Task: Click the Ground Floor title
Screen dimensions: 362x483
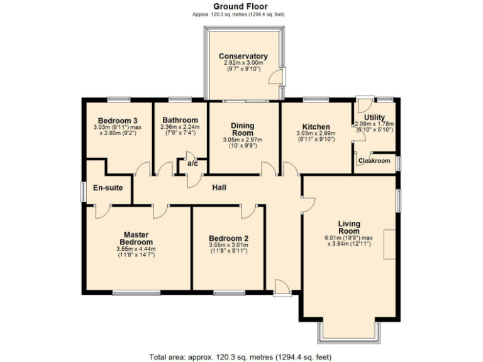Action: (x=241, y=6)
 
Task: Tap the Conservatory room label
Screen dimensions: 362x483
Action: (x=243, y=56)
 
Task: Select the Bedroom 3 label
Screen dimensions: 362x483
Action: (x=118, y=120)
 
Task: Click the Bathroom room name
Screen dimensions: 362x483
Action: (x=180, y=120)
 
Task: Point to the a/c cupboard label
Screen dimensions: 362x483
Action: (x=192, y=164)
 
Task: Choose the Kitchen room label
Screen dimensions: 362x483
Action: (x=316, y=126)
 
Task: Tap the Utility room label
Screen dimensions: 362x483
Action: (x=374, y=118)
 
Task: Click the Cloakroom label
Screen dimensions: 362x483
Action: (x=374, y=161)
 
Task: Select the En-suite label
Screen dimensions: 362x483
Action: (x=108, y=187)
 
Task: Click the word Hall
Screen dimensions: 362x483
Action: (x=219, y=187)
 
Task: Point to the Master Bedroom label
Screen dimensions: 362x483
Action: (x=136, y=238)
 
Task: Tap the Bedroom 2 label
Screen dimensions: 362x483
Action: (x=228, y=238)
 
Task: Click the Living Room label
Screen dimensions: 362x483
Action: (x=348, y=227)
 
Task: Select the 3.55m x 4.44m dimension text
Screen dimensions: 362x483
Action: (x=136, y=250)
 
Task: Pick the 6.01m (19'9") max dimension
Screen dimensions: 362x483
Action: (x=348, y=238)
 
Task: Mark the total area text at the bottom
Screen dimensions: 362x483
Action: (x=241, y=356)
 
